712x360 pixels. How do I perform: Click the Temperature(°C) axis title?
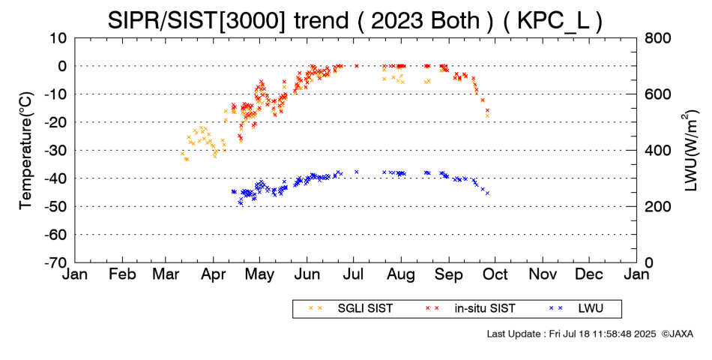25,150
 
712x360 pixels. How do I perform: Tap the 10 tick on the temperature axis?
58,37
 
